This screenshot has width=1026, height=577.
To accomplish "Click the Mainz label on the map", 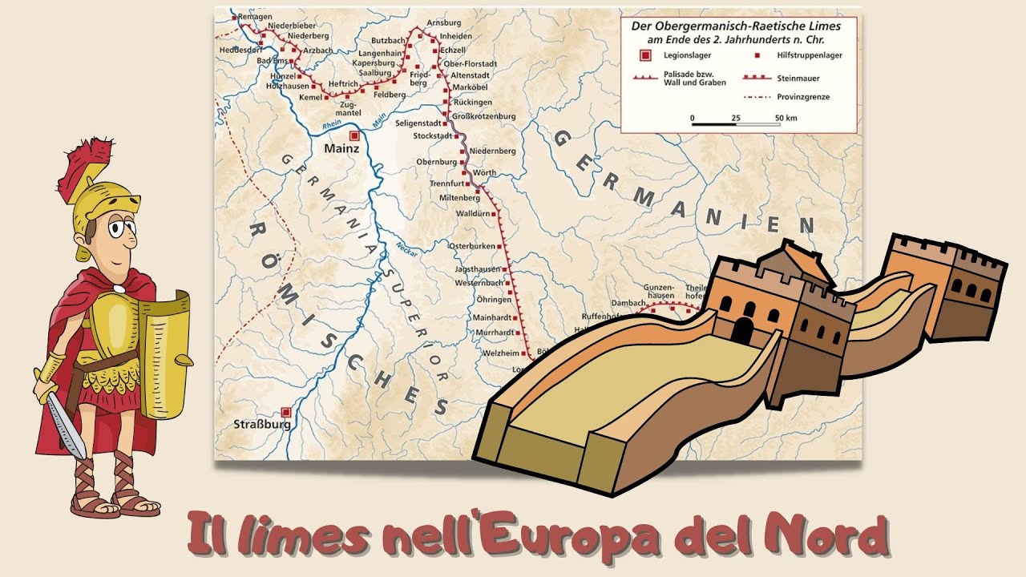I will [341, 148].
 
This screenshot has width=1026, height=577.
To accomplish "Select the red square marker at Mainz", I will [354, 136].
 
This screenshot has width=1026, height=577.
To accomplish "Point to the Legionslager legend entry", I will [680, 55].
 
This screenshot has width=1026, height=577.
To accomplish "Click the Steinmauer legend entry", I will [798, 79].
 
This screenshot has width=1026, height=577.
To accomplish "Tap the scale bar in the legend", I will [736, 123].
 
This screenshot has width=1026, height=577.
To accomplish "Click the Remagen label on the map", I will [256, 16].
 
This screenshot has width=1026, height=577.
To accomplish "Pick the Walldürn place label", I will [471, 214].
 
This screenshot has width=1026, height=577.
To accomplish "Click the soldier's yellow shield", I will [167, 353].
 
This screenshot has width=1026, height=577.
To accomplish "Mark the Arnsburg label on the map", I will [444, 22].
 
